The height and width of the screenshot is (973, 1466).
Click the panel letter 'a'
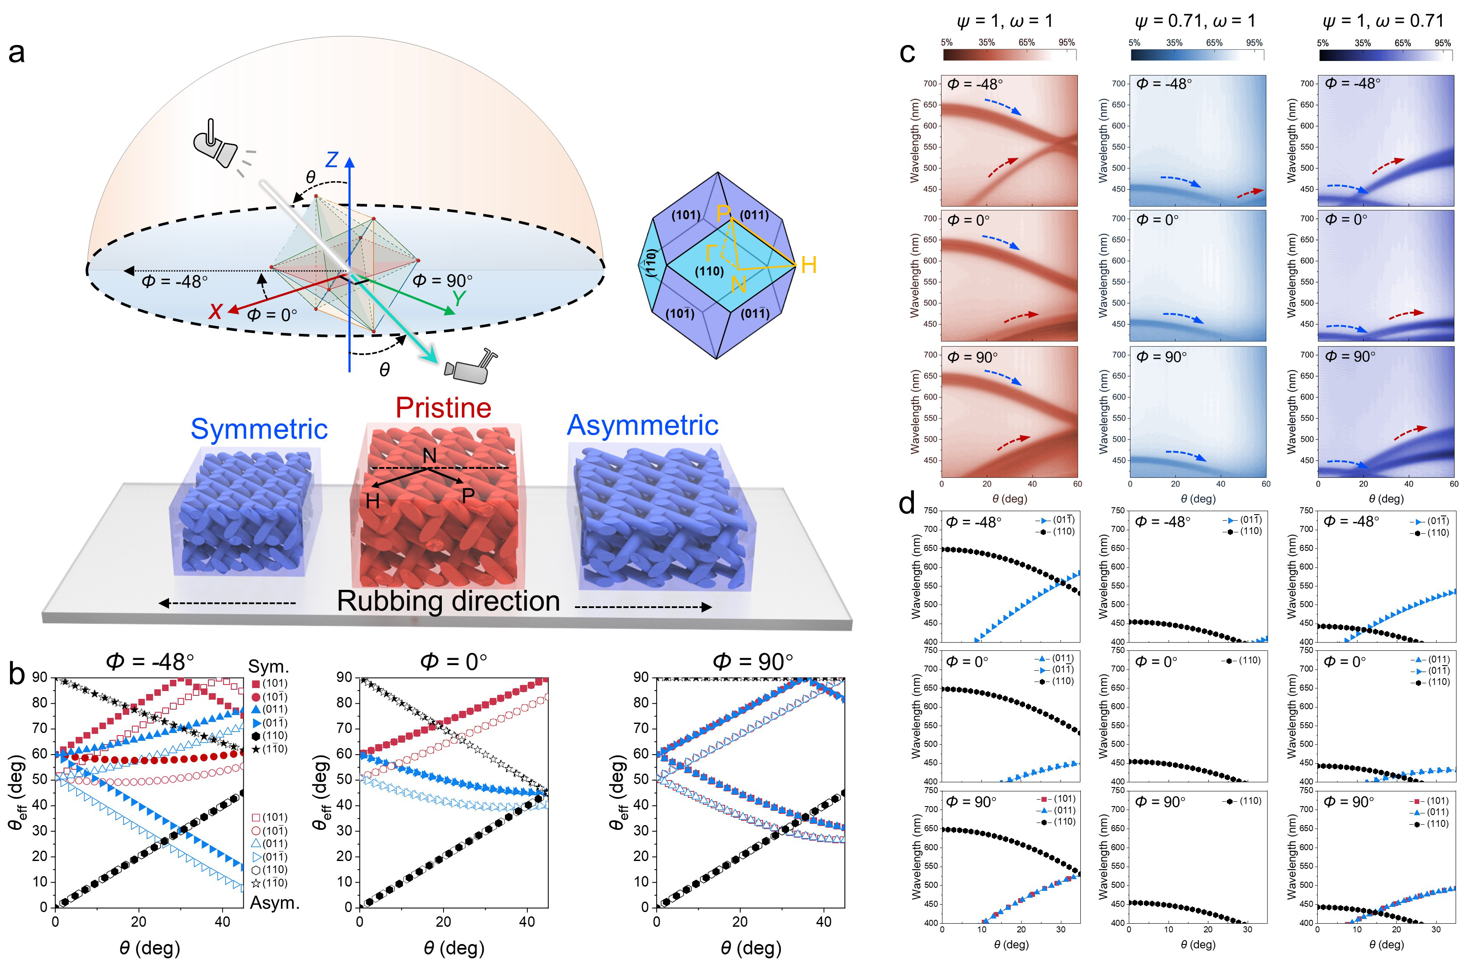(x=17, y=52)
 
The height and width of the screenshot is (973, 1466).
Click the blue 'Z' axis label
(x=332, y=160)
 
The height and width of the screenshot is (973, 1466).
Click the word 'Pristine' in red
(x=443, y=408)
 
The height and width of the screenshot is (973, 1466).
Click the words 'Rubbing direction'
(x=448, y=601)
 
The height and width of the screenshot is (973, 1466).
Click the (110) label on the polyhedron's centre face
(x=709, y=271)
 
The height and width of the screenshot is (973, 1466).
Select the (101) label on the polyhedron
(x=686, y=215)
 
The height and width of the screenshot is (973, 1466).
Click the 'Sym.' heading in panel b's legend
(x=268, y=666)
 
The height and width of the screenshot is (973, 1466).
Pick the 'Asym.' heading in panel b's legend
(x=274, y=903)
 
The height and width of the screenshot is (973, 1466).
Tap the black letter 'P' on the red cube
(x=468, y=495)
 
